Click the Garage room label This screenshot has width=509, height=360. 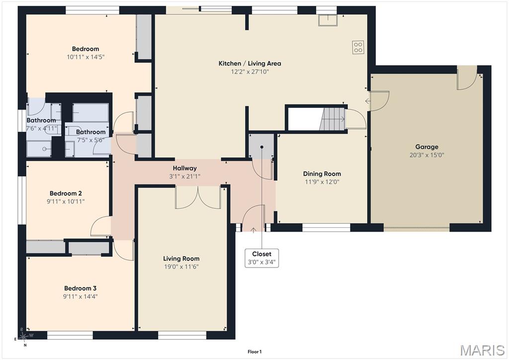[x=426, y=147]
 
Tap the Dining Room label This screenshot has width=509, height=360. [x=322, y=174]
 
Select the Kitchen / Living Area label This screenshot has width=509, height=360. [x=250, y=63]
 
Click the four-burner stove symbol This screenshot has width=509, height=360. [x=358, y=47]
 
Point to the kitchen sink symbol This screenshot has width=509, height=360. [x=328, y=20]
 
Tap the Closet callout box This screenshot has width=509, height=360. [x=261, y=258]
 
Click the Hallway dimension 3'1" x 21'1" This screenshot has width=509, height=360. [x=185, y=177]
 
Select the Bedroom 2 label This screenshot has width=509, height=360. [x=66, y=193]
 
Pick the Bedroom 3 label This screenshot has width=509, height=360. [x=80, y=288]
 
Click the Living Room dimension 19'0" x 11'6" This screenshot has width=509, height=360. [x=181, y=267]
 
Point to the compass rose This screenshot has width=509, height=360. [x=23, y=336]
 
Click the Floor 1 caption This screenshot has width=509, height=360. [x=254, y=352]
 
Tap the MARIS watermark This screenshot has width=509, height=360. [x=482, y=350]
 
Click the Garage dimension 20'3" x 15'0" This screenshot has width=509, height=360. [x=426, y=155]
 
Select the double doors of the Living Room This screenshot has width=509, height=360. [x=198, y=197]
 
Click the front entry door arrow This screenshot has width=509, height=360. [x=254, y=230]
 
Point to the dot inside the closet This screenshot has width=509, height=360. [x=261, y=147]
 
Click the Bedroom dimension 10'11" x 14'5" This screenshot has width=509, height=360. [x=85, y=57]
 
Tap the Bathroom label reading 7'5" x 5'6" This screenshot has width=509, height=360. [x=90, y=140]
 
